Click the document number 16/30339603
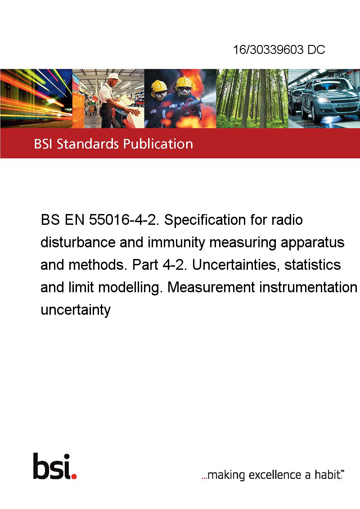(268, 49)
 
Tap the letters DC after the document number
(316, 49)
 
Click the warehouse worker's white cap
(114, 76)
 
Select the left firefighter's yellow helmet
(159, 86)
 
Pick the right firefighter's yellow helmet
(184, 82)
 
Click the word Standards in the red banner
(88, 144)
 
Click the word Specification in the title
(205, 220)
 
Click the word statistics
(313, 265)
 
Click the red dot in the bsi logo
(74, 476)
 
